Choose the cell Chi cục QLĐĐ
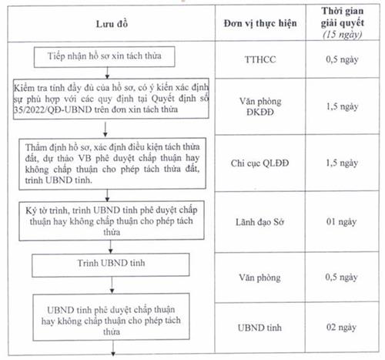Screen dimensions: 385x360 pos(265,163)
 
